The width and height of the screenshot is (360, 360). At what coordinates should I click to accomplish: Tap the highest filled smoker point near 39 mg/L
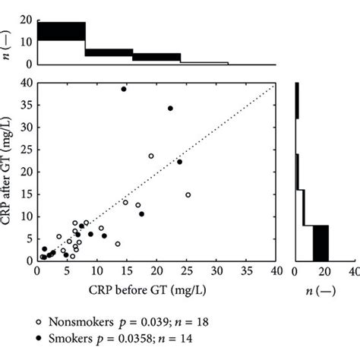point(124,89)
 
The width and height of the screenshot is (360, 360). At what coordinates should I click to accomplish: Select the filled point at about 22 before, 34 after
point(170,109)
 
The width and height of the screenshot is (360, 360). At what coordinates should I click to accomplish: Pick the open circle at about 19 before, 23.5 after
point(150,156)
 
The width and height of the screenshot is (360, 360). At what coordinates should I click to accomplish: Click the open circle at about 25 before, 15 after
point(188,194)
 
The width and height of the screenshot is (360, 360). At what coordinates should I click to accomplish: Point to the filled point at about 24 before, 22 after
point(180,162)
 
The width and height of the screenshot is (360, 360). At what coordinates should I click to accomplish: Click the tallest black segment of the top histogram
point(61,31)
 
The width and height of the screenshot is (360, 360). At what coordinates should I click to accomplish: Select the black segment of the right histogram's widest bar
point(321,243)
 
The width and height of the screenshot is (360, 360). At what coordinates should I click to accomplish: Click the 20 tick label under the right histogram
point(324,270)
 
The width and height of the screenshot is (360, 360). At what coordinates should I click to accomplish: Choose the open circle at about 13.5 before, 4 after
point(118,244)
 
